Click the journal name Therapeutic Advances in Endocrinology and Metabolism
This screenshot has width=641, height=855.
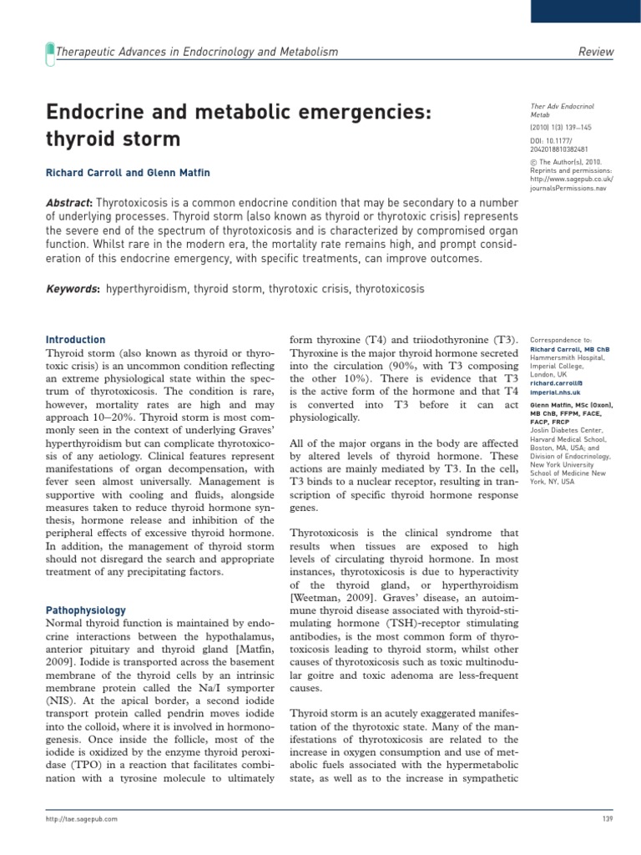click(x=196, y=52)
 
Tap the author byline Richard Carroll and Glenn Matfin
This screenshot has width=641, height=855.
click(x=128, y=173)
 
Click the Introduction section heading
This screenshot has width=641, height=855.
click(x=75, y=340)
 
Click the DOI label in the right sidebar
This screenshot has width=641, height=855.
click(x=536, y=141)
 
